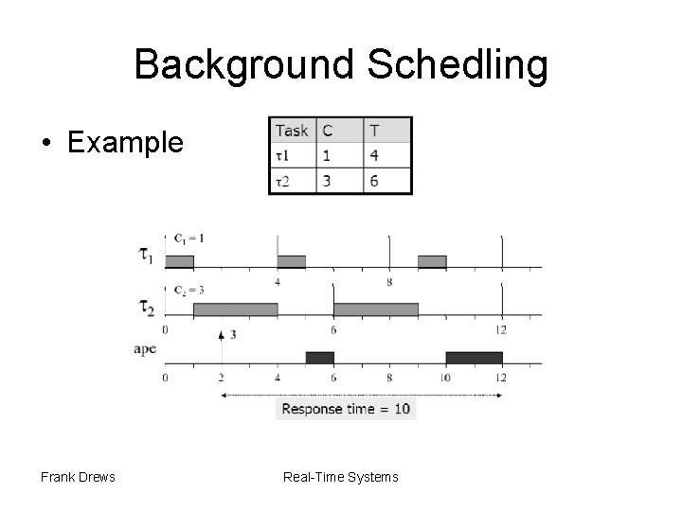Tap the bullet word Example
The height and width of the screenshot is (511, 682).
126,143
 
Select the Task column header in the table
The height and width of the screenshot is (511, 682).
291,131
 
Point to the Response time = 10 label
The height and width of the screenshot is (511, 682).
346,410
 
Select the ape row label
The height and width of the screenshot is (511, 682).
145,349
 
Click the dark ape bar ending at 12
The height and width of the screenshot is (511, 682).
474,357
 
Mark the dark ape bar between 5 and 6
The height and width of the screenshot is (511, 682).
319,357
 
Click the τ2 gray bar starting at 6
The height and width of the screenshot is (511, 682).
375,309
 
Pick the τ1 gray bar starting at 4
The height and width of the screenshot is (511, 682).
291,261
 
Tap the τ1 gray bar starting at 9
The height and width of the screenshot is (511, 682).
432,261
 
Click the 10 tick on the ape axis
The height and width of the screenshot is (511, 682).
445,378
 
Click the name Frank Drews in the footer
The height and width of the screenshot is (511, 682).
78,477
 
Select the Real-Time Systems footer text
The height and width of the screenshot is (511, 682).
341,477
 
